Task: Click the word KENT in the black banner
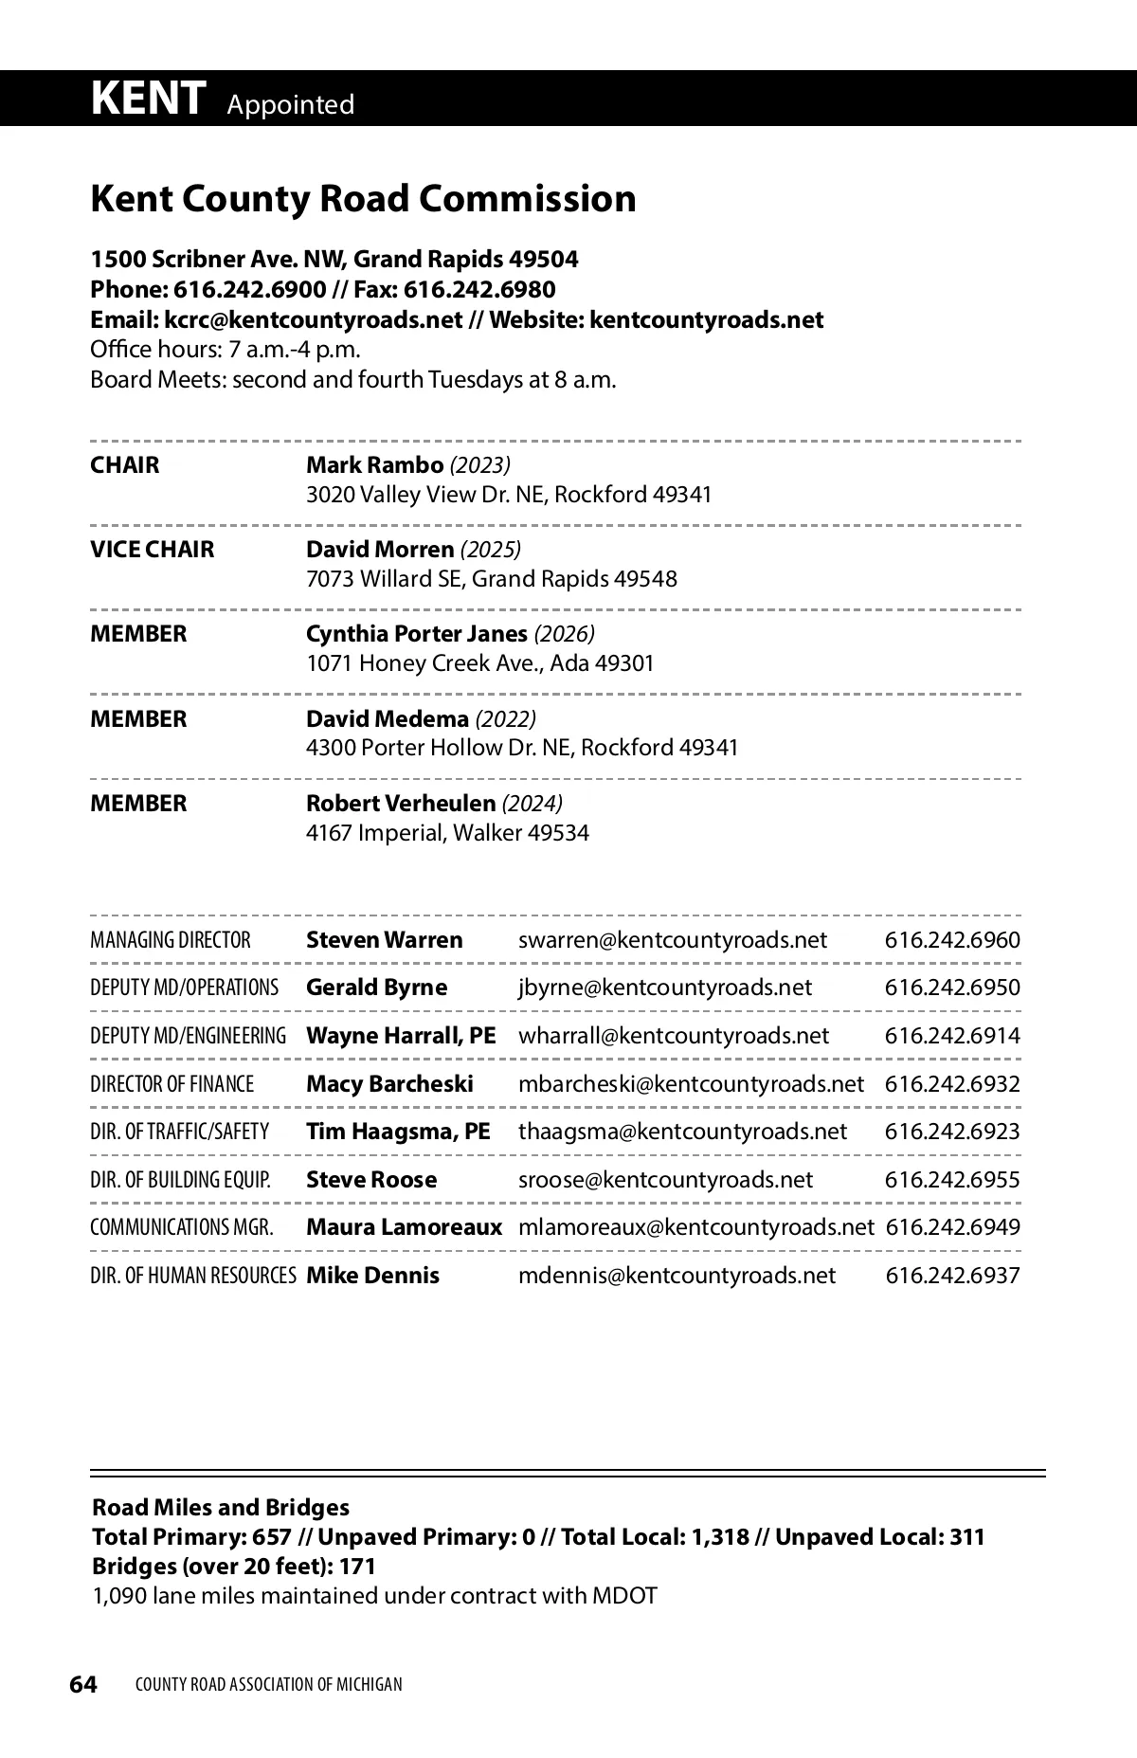tap(148, 98)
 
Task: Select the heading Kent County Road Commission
tap(363, 199)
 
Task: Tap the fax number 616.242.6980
tap(479, 290)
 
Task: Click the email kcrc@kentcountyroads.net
tap(314, 320)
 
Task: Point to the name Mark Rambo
tap(374, 465)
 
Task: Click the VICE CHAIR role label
tap(153, 550)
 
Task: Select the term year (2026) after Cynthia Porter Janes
tap(565, 634)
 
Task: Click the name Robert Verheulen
tap(400, 804)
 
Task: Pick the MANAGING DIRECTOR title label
tap(171, 941)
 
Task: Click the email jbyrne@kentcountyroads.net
tap(664, 988)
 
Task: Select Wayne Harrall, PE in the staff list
tap(401, 1036)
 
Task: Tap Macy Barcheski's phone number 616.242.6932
tap(952, 1084)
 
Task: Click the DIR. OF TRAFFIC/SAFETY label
tap(179, 1132)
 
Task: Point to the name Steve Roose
tap(371, 1180)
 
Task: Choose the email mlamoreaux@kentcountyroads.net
tap(695, 1227)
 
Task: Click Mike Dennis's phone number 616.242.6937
tap(952, 1276)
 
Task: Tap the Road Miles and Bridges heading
tap(221, 1508)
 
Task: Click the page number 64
tap(83, 1684)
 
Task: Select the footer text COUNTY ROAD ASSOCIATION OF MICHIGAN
tap(269, 1685)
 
